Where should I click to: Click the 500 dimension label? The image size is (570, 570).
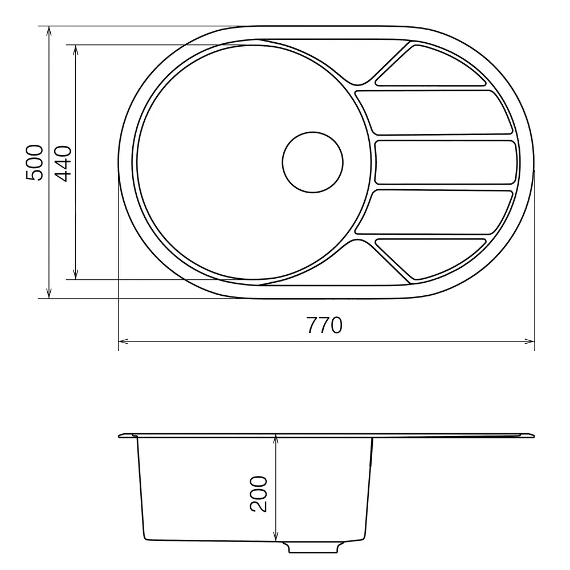pyautogui.click(x=35, y=162)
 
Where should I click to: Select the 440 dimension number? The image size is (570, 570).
pyautogui.click(x=63, y=163)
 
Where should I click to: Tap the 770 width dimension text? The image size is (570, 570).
pyautogui.click(x=324, y=325)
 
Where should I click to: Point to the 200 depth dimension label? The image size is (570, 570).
pyautogui.click(x=258, y=494)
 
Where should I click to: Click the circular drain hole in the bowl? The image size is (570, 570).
pyautogui.click(x=312, y=162)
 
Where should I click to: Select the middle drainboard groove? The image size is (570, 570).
pyautogui.click(x=445, y=162)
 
